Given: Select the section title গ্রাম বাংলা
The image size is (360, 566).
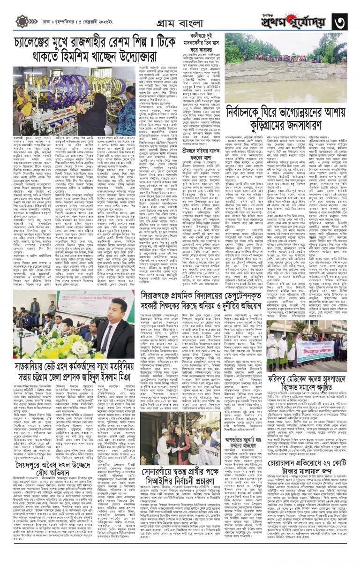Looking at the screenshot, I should [180, 21].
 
